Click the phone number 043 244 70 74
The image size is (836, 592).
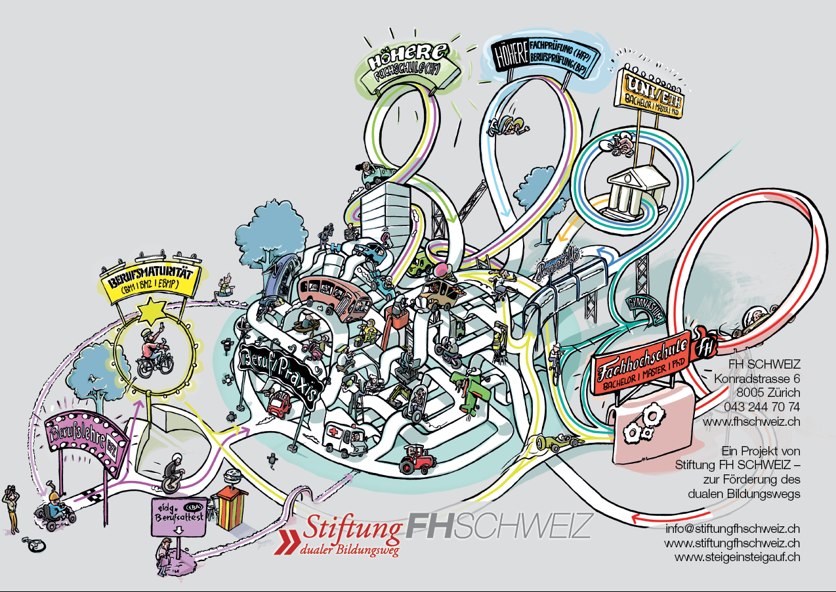click(x=762, y=407)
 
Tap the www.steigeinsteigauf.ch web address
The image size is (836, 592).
click(x=737, y=557)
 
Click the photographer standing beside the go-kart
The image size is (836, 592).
click(x=12, y=507)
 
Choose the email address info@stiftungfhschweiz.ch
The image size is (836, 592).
click(x=732, y=528)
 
